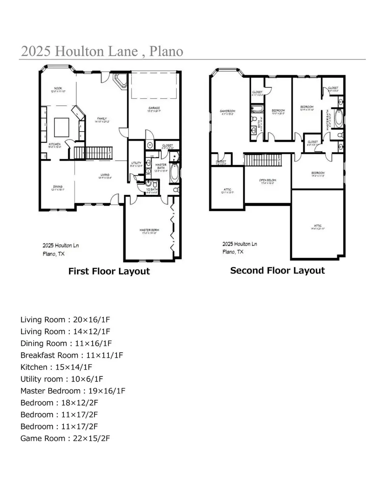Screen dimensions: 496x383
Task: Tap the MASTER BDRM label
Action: click(x=149, y=231)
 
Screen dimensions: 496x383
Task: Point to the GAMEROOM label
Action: click(x=227, y=112)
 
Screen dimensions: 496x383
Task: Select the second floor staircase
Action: click(x=263, y=161)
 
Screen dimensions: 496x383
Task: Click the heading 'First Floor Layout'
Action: click(x=109, y=271)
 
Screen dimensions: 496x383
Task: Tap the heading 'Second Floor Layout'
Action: click(x=277, y=270)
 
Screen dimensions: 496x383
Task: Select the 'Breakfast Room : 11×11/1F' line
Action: click(x=71, y=355)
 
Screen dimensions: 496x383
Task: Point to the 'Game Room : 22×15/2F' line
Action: click(x=65, y=438)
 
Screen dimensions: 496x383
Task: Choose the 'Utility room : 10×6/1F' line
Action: click(x=62, y=379)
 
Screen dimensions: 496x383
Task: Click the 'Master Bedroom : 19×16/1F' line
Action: click(x=73, y=391)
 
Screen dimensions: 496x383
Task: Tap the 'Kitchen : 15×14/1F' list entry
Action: click(x=56, y=367)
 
